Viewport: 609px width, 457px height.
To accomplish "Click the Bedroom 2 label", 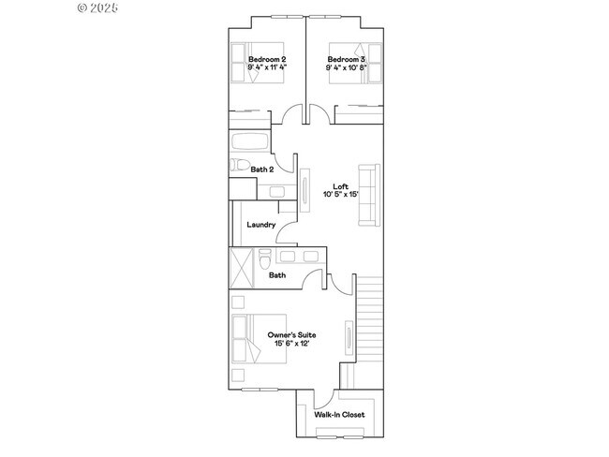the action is pyautogui.click(x=267, y=59).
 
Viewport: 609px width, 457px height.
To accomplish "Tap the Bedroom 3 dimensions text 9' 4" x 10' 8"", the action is pyautogui.click(x=347, y=67).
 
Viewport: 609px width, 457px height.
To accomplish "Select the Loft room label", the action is pyautogui.click(x=341, y=186).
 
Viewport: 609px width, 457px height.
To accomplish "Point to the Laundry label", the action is pyautogui.click(x=261, y=225).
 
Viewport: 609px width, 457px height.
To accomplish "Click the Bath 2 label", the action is pyautogui.click(x=262, y=170).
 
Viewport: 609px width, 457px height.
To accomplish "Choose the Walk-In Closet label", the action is pyautogui.click(x=339, y=415).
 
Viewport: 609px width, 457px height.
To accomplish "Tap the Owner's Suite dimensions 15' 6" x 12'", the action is pyautogui.click(x=291, y=344).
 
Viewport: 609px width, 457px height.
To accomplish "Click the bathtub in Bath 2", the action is pyautogui.click(x=250, y=141).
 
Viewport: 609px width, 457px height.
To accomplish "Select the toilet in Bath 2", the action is pyautogui.click(x=240, y=165).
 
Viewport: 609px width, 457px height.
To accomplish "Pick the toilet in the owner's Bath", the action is pyautogui.click(x=265, y=259).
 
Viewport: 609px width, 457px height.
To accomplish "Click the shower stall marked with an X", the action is pyautogui.click(x=241, y=268).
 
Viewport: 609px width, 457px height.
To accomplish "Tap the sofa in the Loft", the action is pyautogui.click(x=369, y=195).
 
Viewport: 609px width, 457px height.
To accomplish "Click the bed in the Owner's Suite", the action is pyautogui.click(x=259, y=339).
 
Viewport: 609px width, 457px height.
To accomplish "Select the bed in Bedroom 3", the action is pyautogui.click(x=355, y=64).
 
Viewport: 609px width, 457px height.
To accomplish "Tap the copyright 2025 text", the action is pyautogui.click(x=97, y=7).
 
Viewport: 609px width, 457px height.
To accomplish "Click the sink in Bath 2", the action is pyautogui.click(x=277, y=192).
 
